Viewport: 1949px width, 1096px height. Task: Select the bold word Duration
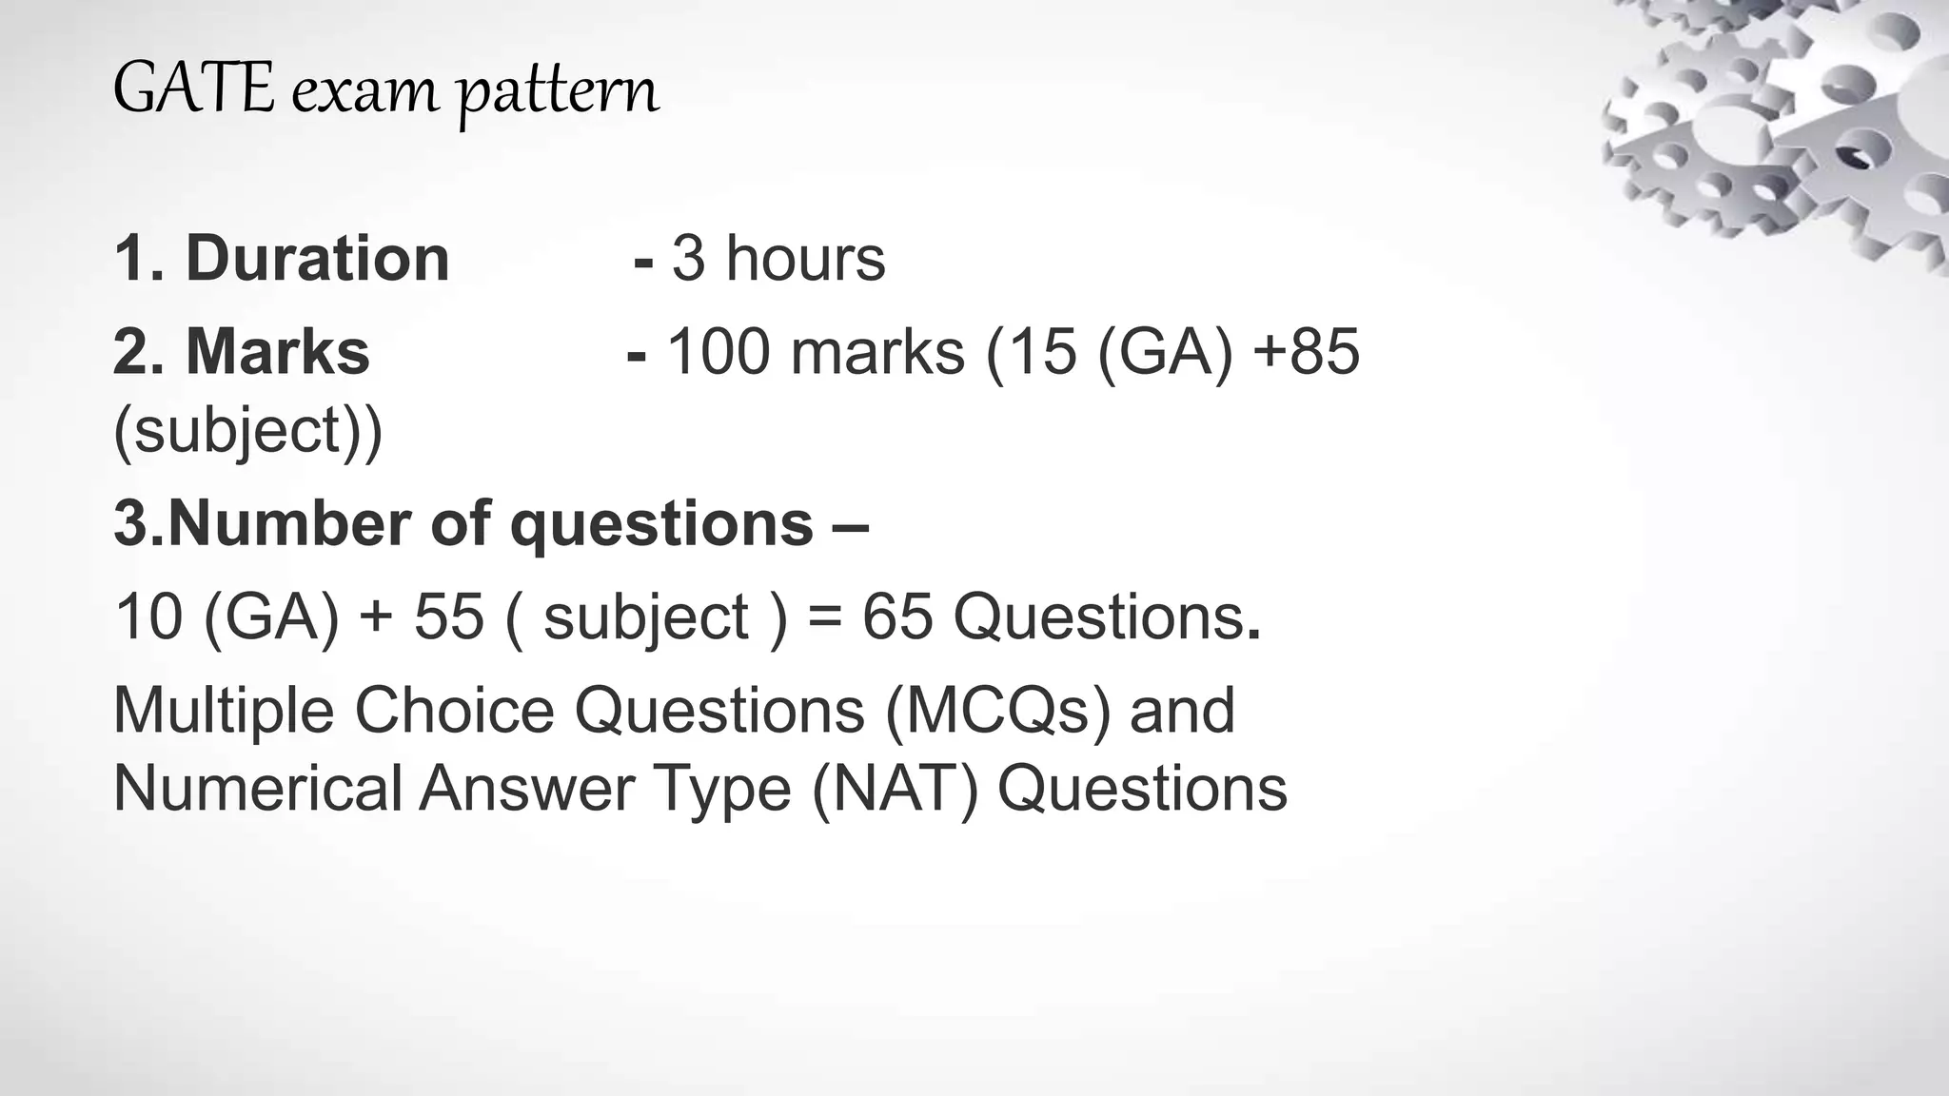(318, 258)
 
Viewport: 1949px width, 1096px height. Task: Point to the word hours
(805, 258)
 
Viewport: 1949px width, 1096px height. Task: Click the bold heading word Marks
(277, 351)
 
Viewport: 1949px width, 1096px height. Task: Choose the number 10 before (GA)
(148, 616)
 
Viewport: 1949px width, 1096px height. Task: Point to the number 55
(448, 616)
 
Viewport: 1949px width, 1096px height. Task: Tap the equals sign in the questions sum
(824, 617)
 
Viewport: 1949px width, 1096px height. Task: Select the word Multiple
(224, 710)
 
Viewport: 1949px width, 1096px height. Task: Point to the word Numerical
(257, 789)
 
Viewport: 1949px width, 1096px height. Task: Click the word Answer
(526, 789)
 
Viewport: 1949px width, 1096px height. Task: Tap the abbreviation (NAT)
(895, 789)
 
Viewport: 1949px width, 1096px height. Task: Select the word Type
(723, 791)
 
